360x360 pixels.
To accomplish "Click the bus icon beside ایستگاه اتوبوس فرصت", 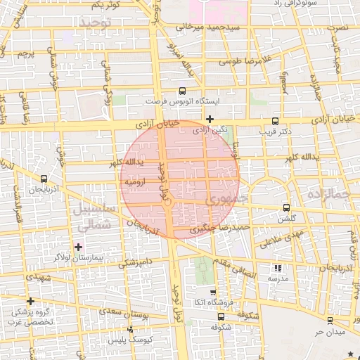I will tap(183, 91).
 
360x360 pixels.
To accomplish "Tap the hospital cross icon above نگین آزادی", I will tap(210, 119).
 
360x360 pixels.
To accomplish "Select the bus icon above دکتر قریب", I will tap(275, 121).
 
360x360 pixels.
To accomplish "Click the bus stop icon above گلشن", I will tap(285, 207).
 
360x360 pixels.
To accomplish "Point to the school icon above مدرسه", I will tap(277, 268).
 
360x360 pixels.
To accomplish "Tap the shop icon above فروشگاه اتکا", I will tap(213, 292).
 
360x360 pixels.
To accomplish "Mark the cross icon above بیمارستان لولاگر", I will tap(78, 247).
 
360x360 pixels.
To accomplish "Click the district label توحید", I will tap(95, 24).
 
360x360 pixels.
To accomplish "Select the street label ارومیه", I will tap(134, 182).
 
